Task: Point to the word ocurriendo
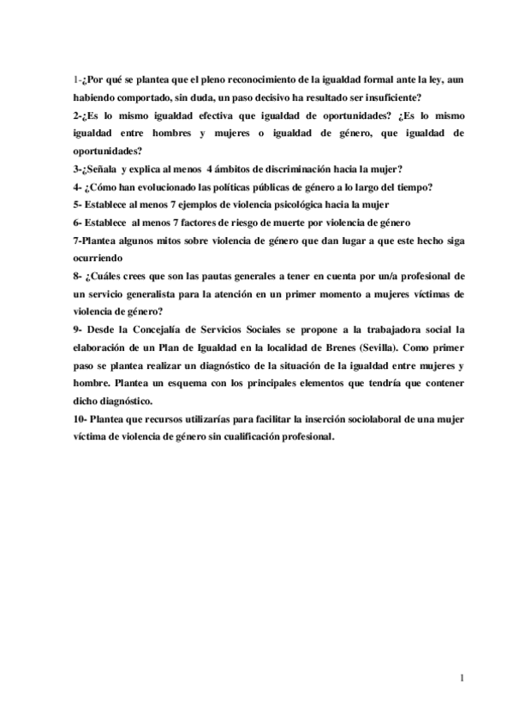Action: coord(99,258)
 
